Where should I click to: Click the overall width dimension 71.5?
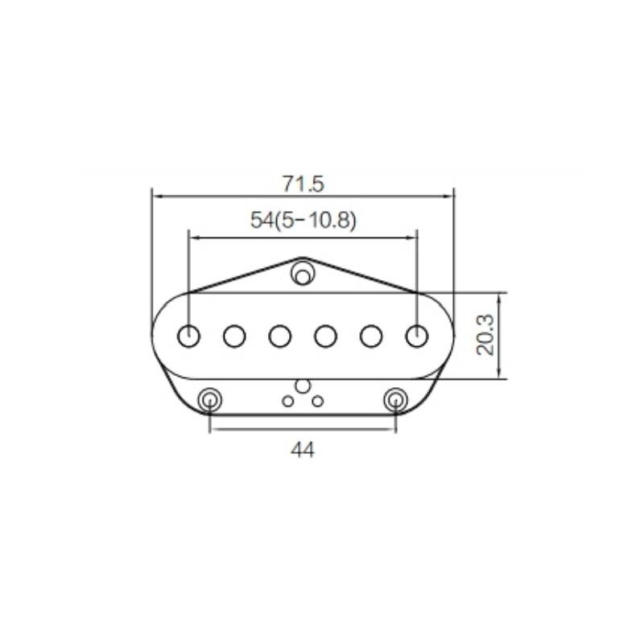[303, 183]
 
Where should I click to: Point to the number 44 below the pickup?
[303, 450]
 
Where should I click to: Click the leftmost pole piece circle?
[189, 335]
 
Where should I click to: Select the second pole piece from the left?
[235, 335]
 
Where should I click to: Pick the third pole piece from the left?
[280, 335]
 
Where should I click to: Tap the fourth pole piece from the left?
[326, 335]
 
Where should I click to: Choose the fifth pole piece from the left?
[371, 335]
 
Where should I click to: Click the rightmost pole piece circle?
[416, 335]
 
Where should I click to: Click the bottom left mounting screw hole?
[210, 398]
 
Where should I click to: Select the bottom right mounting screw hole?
[395, 398]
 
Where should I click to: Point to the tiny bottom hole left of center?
[287, 398]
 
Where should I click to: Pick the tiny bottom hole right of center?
[318, 398]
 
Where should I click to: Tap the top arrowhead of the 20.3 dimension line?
[500, 295]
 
